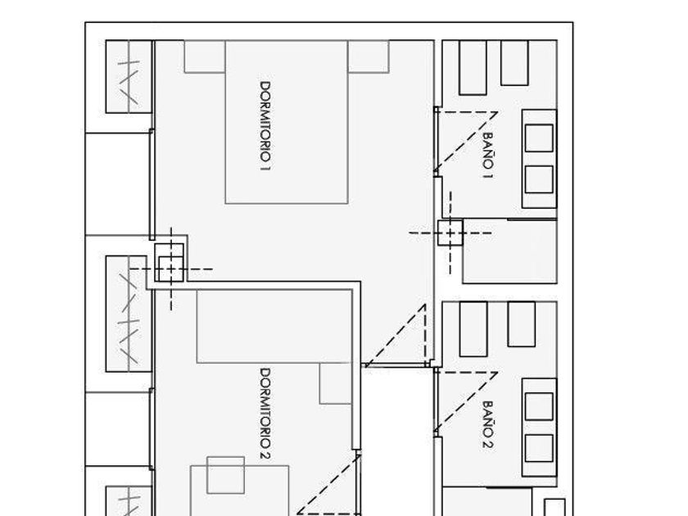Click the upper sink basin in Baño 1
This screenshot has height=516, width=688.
[x=538, y=137]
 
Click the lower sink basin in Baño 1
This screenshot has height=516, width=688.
[x=538, y=179]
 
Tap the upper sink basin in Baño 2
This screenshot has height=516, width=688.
[x=538, y=406]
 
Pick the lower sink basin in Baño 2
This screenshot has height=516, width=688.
[x=538, y=447]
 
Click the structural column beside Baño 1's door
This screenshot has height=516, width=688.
[x=450, y=233]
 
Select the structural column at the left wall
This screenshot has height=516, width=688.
[x=170, y=268]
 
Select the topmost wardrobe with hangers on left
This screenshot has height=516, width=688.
[x=129, y=77]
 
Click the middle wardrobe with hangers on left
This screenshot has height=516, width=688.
[x=129, y=314]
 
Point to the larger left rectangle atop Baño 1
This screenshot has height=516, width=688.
[x=473, y=67]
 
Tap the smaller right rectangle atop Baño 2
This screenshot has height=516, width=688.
[x=521, y=324]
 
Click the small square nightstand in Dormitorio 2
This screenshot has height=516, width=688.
[x=225, y=475]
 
